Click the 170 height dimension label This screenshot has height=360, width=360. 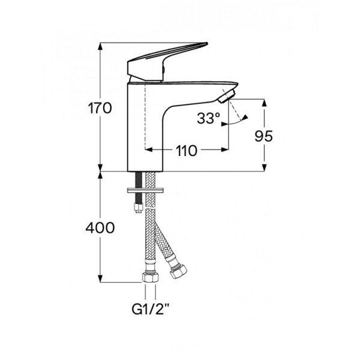(x=100, y=109)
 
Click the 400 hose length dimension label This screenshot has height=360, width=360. (x=100, y=228)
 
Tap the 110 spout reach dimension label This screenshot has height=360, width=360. (x=187, y=151)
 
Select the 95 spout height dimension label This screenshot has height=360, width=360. (x=263, y=136)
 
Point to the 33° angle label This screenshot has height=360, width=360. (x=208, y=118)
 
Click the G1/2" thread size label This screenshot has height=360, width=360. (x=151, y=310)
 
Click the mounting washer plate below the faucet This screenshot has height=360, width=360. (x=145, y=190)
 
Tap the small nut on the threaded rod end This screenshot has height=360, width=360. (x=139, y=208)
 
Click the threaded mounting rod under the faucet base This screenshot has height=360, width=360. (x=139, y=187)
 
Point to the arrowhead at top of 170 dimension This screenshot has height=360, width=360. (x=100, y=46)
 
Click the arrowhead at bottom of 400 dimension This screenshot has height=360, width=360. (x=100, y=278)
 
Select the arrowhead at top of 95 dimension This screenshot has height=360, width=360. (x=264, y=103)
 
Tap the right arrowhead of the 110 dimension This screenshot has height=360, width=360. (x=225, y=149)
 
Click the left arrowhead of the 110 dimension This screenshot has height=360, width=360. (x=149, y=149)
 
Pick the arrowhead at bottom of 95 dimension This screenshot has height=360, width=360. (x=264, y=167)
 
